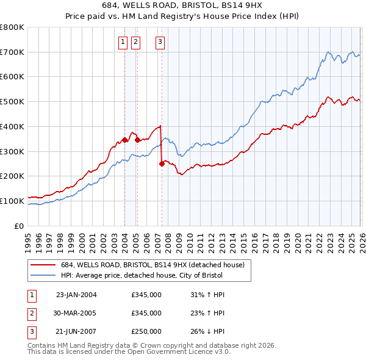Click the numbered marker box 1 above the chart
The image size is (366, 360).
pyautogui.click(x=123, y=42)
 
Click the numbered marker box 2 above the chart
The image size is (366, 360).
pyautogui.click(x=135, y=42)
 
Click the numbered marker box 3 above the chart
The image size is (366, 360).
pyautogui.click(x=160, y=42)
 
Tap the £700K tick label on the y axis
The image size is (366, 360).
pyautogui.click(x=12, y=52)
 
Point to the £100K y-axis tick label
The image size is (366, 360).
pyautogui.click(x=12, y=201)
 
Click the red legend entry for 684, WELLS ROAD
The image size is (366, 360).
pyautogui.click(x=152, y=265)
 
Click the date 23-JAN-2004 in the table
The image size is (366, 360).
pyautogui.click(x=76, y=295)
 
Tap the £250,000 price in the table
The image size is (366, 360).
pyautogui.click(x=146, y=331)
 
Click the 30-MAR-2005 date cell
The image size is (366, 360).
pyautogui.click(x=76, y=313)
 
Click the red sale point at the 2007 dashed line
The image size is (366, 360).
pyautogui.click(x=162, y=164)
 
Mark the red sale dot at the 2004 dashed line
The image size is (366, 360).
pyautogui.click(x=124, y=140)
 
